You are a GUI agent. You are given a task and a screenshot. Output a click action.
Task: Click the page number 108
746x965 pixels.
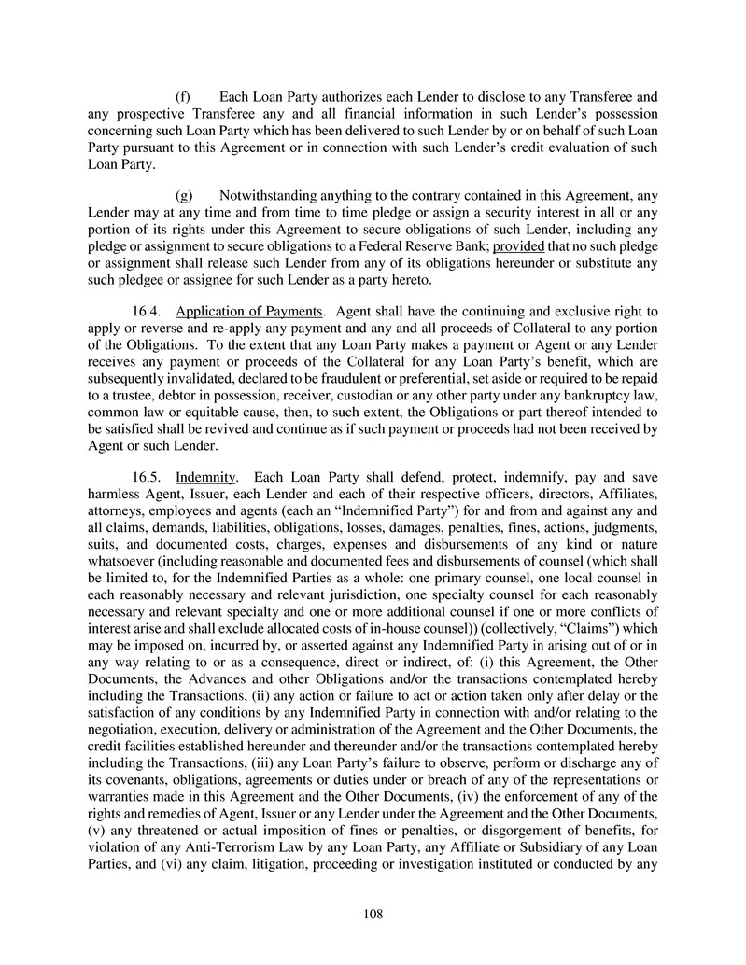point(373,914)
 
